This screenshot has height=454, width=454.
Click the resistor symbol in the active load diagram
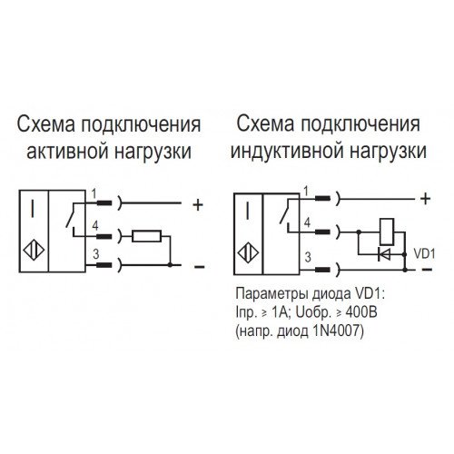[146, 236]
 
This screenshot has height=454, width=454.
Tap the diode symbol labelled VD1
[384, 255]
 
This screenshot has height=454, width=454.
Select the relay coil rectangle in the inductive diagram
[387, 232]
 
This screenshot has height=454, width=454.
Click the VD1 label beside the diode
[424, 254]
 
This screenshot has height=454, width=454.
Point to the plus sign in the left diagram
[198, 205]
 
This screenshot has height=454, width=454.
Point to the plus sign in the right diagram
[426, 199]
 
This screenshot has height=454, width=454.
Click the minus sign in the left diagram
[199, 267]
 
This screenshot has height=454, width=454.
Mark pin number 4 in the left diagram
[95, 226]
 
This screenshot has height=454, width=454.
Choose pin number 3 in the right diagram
[308, 257]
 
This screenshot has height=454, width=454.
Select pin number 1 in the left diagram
[94, 193]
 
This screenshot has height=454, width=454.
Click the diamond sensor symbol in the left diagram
[34, 251]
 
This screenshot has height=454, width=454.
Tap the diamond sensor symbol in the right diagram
[248, 253]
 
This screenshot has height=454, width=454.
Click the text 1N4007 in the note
[336, 331]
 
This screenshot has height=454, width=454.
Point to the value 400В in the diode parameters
[361, 312]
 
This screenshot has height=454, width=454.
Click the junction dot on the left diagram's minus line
[170, 265]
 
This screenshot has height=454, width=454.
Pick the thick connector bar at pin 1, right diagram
[322, 198]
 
